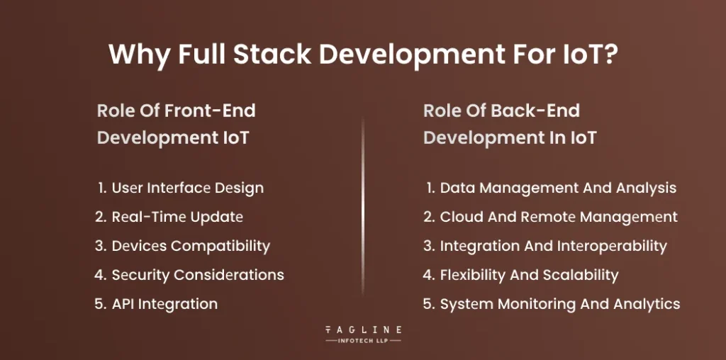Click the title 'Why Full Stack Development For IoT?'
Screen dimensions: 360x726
pyautogui.click(x=362, y=55)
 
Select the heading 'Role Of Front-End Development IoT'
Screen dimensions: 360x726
pyautogui.click(x=176, y=124)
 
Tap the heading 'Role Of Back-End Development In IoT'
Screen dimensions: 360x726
pyautogui.click(x=509, y=124)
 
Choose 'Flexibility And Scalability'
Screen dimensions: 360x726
pyautogui.click(x=529, y=275)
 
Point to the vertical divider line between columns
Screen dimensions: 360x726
pyautogui.click(x=363, y=213)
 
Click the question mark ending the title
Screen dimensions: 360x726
pyautogui.click(x=608, y=55)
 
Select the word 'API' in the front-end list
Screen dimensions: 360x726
pyautogui.click(x=125, y=304)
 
